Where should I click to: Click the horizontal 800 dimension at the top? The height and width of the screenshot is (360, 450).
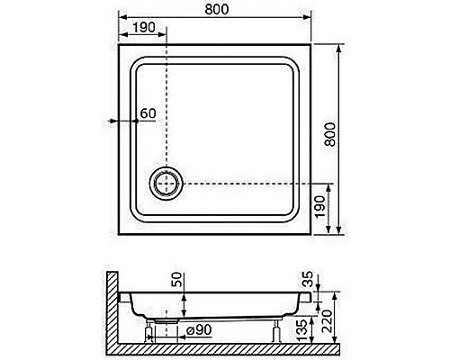coord(217,9)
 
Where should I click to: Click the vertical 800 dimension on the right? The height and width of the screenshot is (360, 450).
coord(330,134)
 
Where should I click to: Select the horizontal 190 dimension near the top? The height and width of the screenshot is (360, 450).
coord(144,28)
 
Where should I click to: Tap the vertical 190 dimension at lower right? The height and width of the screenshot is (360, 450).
coord(319,207)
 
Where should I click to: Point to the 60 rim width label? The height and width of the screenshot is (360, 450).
coord(148,113)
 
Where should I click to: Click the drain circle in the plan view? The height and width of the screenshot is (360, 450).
coord(166,183)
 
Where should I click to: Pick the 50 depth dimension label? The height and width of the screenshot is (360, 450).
coord(176,279)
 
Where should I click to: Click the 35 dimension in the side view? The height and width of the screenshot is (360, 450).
coord(308,279)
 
